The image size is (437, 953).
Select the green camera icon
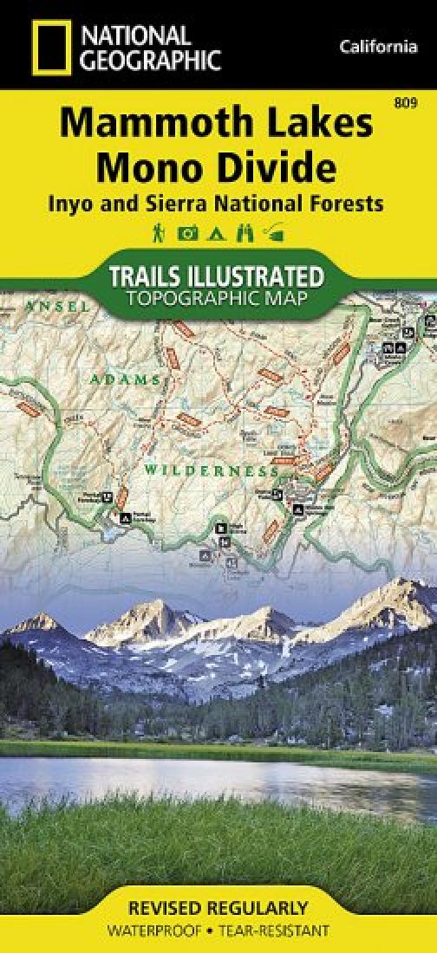186,232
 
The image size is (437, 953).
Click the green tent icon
216,232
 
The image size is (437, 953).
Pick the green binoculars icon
245,232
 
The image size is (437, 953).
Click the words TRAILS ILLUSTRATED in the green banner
218,276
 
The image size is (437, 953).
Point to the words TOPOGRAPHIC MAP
218,299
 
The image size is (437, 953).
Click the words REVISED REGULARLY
218,909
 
